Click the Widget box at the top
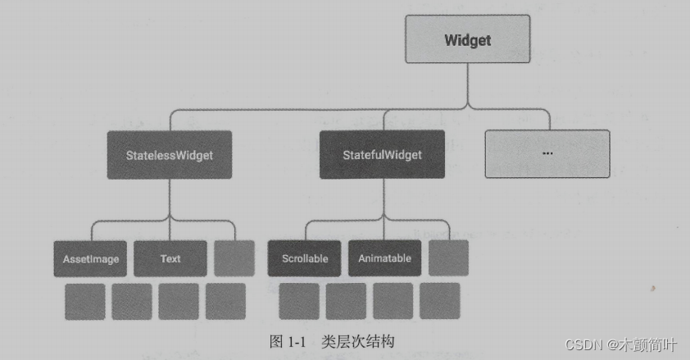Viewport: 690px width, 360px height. click(x=468, y=40)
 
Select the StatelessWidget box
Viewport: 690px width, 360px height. click(x=170, y=154)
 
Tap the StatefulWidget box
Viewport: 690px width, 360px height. click(x=382, y=154)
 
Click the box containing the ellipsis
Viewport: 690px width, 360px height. click(x=547, y=153)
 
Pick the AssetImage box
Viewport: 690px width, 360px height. click(x=91, y=258)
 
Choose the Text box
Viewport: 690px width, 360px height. click(x=170, y=258)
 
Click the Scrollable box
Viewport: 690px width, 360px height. click(x=305, y=258)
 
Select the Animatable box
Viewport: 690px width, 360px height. click(x=384, y=258)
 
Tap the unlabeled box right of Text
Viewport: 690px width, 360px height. click(x=234, y=258)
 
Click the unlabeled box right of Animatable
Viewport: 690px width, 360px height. click(x=448, y=258)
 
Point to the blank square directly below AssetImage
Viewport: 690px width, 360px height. click(x=85, y=301)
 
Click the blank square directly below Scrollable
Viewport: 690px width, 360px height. click(x=299, y=301)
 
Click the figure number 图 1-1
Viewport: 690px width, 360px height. click(x=287, y=341)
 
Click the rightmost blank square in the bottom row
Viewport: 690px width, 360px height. click(x=439, y=301)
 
